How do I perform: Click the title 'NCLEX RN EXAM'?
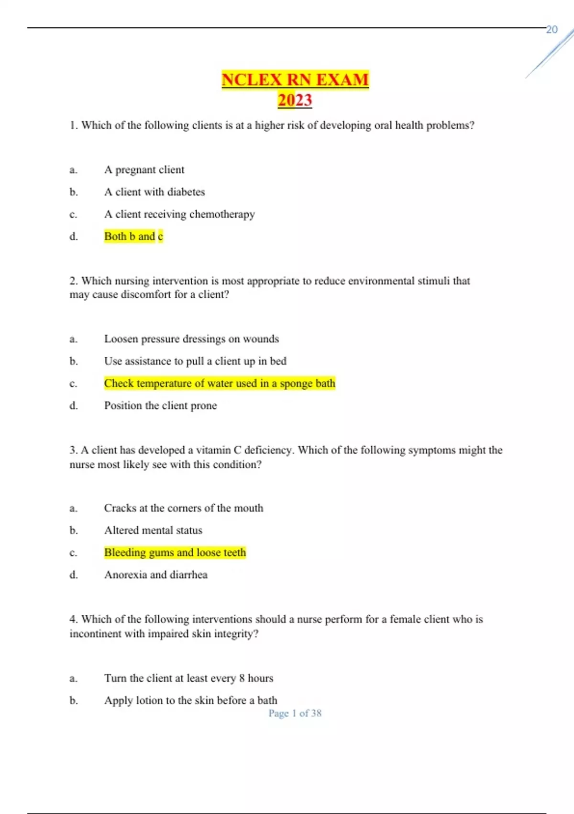(x=295, y=79)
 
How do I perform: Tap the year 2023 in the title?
(x=295, y=100)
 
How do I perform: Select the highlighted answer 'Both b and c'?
(x=133, y=237)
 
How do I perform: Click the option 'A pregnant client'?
(x=144, y=170)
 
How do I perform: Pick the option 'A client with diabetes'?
(x=155, y=192)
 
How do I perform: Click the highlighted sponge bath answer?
(x=220, y=384)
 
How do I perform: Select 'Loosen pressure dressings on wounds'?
(x=191, y=339)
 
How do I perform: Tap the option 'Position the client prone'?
(x=160, y=406)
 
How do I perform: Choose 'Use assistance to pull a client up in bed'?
(x=195, y=361)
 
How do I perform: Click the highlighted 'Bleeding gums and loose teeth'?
(x=175, y=553)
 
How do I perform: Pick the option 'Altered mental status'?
(x=153, y=531)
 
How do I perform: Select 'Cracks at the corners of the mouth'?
(x=184, y=508)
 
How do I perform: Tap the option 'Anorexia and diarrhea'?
(x=156, y=575)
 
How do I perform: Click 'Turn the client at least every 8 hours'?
(x=189, y=678)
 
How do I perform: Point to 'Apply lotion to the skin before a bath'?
(x=190, y=701)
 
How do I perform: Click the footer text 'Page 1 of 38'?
(x=295, y=713)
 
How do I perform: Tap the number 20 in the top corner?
(x=552, y=30)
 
